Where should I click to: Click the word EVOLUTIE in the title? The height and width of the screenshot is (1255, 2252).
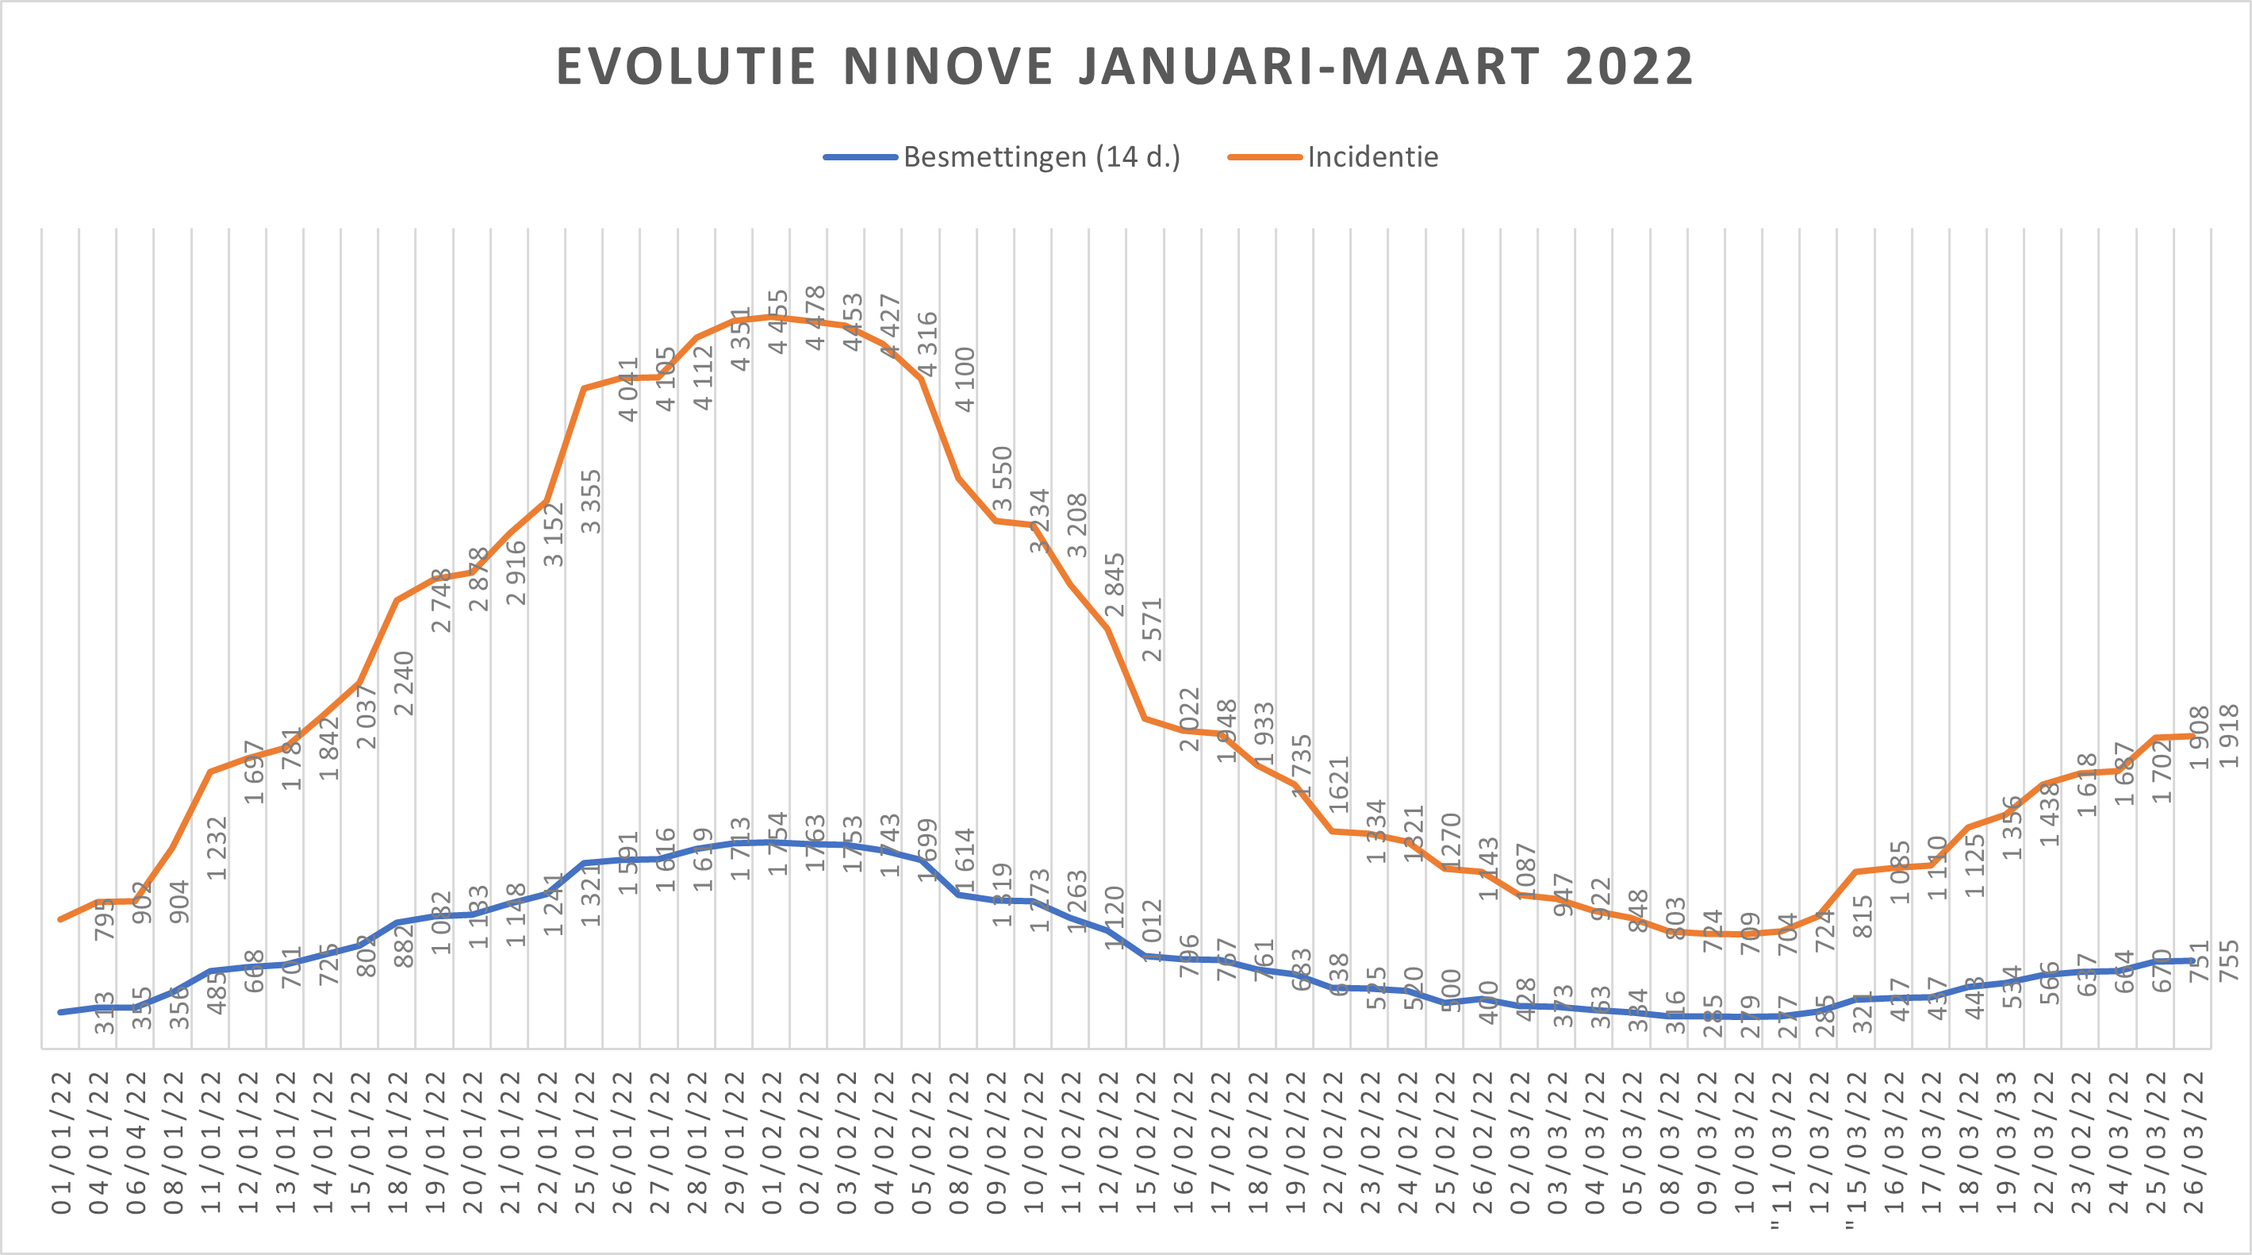coord(686,67)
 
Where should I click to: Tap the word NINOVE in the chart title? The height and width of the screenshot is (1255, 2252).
coord(949,67)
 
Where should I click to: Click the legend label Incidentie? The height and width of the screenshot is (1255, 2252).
coord(1372,157)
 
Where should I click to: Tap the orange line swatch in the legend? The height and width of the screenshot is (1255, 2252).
coord(1264,157)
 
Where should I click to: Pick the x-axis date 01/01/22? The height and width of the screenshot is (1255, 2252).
coord(61,1141)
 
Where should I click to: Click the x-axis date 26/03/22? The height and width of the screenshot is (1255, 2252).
coord(2193,1141)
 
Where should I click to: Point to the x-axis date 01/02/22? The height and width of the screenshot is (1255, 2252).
coord(772,1141)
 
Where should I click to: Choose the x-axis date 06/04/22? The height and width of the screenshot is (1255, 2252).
coord(136,1141)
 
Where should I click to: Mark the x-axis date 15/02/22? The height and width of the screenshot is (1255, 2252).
coord(1146,1141)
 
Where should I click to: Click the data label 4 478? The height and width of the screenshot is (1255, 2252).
coord(815,318)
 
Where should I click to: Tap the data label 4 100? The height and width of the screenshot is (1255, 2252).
coord(965,379)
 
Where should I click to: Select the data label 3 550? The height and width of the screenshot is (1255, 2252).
coord(1003,479)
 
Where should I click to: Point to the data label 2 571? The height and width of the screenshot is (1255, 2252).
coord(1153,629)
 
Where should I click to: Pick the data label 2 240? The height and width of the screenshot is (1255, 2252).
coord(403,683)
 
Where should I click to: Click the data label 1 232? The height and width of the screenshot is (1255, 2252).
coord(217,848)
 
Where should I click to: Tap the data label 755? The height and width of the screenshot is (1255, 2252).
coord(2229,960)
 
